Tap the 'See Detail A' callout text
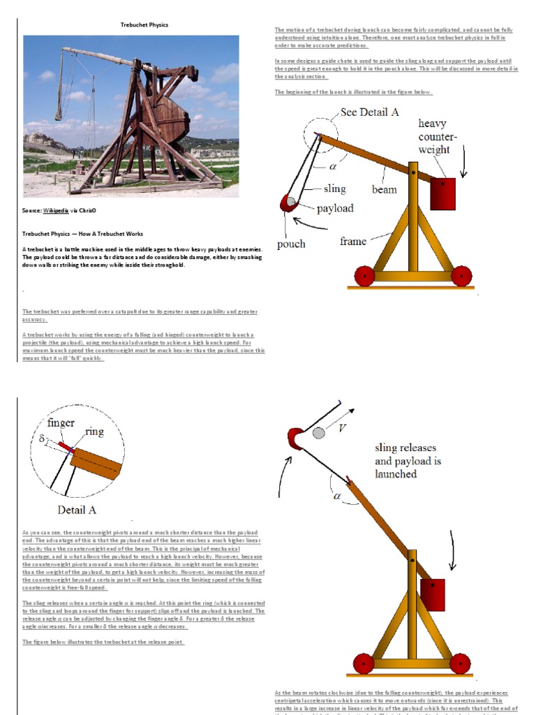pos(369,112)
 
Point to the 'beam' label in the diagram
pos(384,189)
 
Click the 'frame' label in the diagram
pos(353,242)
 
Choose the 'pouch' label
pos(291,244)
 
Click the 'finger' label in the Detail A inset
pos(61,422)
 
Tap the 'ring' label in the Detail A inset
pos(94,432)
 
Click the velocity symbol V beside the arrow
pos(342,429)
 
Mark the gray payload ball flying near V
pos(319,433)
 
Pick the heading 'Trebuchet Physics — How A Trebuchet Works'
pos(82,234)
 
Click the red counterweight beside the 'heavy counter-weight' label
pos(442,193)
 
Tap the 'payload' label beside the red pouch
pos(335,208)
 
